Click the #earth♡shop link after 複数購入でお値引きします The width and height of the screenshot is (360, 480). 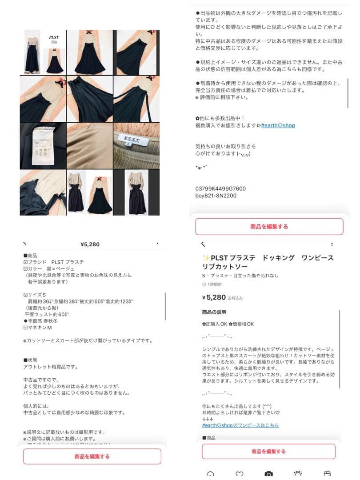point(278,125)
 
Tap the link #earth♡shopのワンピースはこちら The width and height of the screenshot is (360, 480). point(240,425)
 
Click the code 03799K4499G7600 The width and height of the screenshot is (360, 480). point(220,188)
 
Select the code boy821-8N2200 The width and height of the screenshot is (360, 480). point(216,196)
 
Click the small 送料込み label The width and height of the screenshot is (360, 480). point(235,298)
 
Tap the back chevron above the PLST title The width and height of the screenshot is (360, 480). point(204,244)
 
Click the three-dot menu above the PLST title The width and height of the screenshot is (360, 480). point(332,244)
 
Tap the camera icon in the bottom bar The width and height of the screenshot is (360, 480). point(268,474)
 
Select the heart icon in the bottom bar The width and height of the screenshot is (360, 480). point(240,474)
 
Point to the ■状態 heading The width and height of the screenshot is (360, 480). point(30,360)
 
